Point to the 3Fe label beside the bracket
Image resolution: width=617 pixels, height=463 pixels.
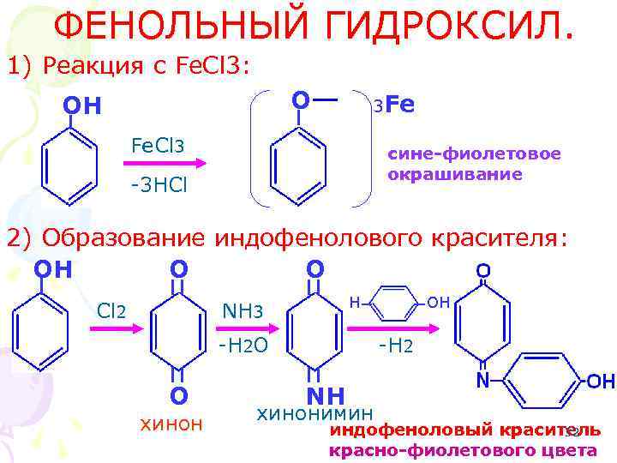pyautogui.click(x=393, y=105)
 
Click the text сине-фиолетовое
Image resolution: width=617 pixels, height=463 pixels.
pyautogui.click(x=474, y=154)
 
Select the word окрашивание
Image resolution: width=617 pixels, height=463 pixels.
pyautogui.click(x=454, y=174)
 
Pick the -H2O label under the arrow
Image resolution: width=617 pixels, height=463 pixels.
pyautogui.click(x=244, y=346)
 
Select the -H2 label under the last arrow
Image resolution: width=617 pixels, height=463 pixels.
pyautogui.click(x=396, y=346)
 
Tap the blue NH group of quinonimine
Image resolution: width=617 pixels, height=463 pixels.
pyautogui.click(x=324, y=394)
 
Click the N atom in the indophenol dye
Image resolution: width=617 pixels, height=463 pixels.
pyautogui.click(x=483, y=379)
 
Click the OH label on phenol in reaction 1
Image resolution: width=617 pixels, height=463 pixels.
pyautogui.click(x=81, y=106)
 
